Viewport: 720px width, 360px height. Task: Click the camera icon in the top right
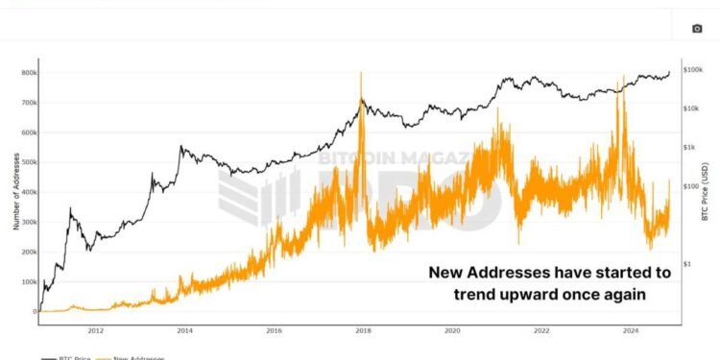point(697,29)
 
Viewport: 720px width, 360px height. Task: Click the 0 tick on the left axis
point(35,311)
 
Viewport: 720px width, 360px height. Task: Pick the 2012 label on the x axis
point(95,330)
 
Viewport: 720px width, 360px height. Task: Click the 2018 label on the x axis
point(362,330)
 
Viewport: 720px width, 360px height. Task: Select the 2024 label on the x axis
point(630,330)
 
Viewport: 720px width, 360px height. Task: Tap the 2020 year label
point(451,330)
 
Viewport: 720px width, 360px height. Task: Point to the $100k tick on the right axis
point(694,70)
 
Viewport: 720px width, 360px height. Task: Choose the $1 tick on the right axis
point(687,262)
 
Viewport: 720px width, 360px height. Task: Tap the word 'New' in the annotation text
point(446,273)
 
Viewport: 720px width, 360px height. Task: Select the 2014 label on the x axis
point(183,330)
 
